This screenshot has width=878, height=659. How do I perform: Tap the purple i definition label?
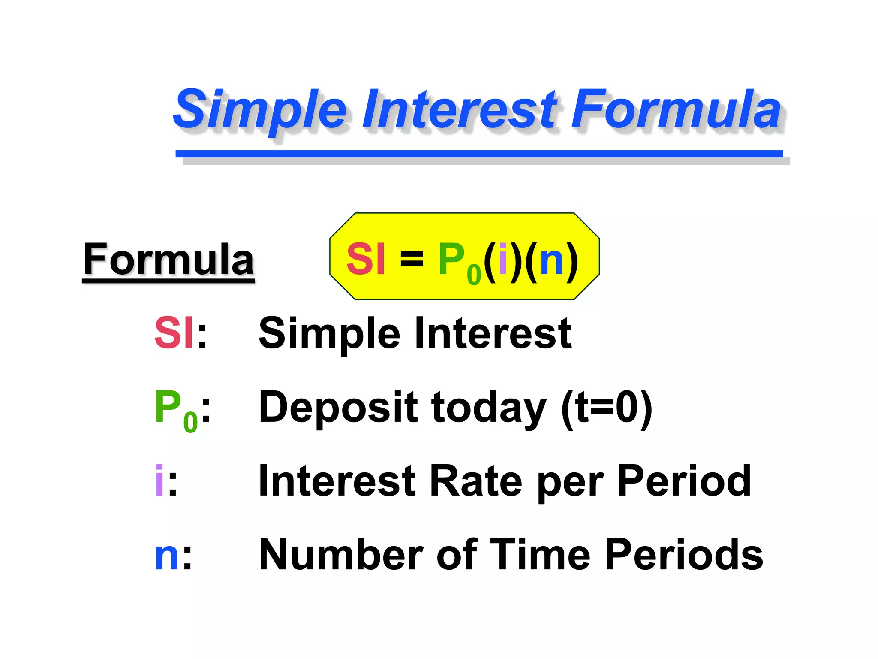[159, 481]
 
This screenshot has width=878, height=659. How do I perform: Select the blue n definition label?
[167, 556]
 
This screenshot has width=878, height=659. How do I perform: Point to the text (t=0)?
[607, 408]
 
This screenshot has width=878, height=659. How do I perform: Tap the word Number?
[341, 555]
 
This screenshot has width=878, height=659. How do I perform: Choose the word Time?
[540, 555]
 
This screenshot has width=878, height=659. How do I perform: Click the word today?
[489, 408]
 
